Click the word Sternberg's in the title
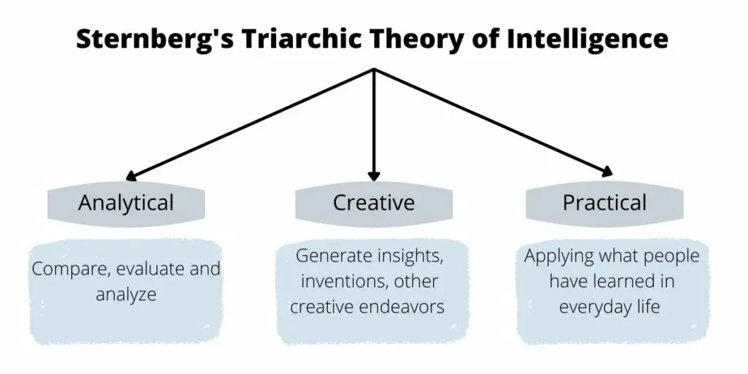point(155,39)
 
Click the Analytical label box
point(126,203)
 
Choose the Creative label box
point(373,203)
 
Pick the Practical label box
point(604,203)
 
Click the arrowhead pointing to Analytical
point(131,176)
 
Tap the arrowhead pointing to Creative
point(374,175)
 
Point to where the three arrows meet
point(374,69)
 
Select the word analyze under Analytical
point(126,294)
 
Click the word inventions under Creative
point(344,282)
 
